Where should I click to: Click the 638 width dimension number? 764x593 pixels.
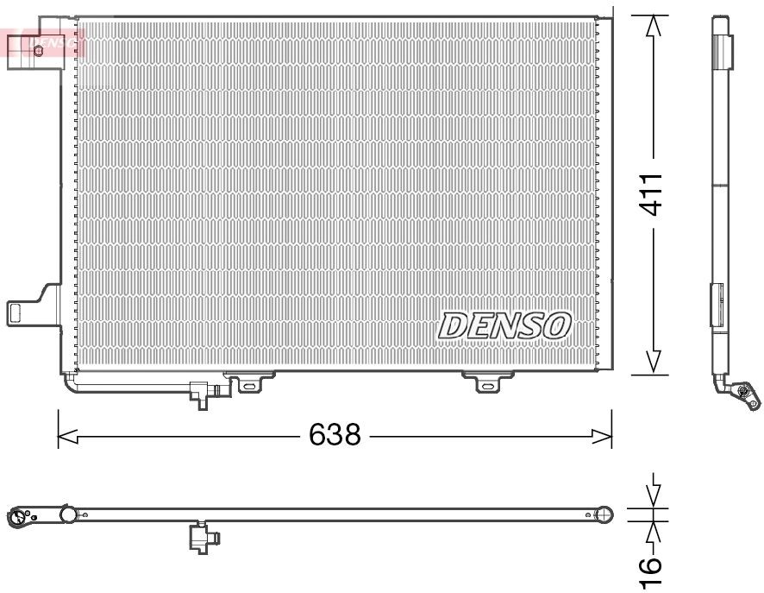pyautogui.click(x=335, y=434)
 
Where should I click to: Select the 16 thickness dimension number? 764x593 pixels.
pyautogui.click(x=652, y=565)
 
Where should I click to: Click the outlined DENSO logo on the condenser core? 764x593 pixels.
pyautogui.click(x=505, y=325)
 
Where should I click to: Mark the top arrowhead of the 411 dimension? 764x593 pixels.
pyautogui.click(x=653, y=26)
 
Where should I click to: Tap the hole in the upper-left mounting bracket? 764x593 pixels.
pyautogui.click(x=38, y=50)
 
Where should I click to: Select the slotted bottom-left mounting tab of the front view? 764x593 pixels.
pyautogui.click(x=249, y=382)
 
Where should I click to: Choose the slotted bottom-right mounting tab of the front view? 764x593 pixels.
pyautogui.click(x=488, y=382)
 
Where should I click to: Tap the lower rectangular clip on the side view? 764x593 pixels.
pyautogui.click(x=717, y=306)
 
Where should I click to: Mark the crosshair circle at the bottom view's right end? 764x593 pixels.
pyautogui.click(x=605, y=515)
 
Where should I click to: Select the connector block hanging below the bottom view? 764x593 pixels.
pyautogui.click(x=204, y=538)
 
